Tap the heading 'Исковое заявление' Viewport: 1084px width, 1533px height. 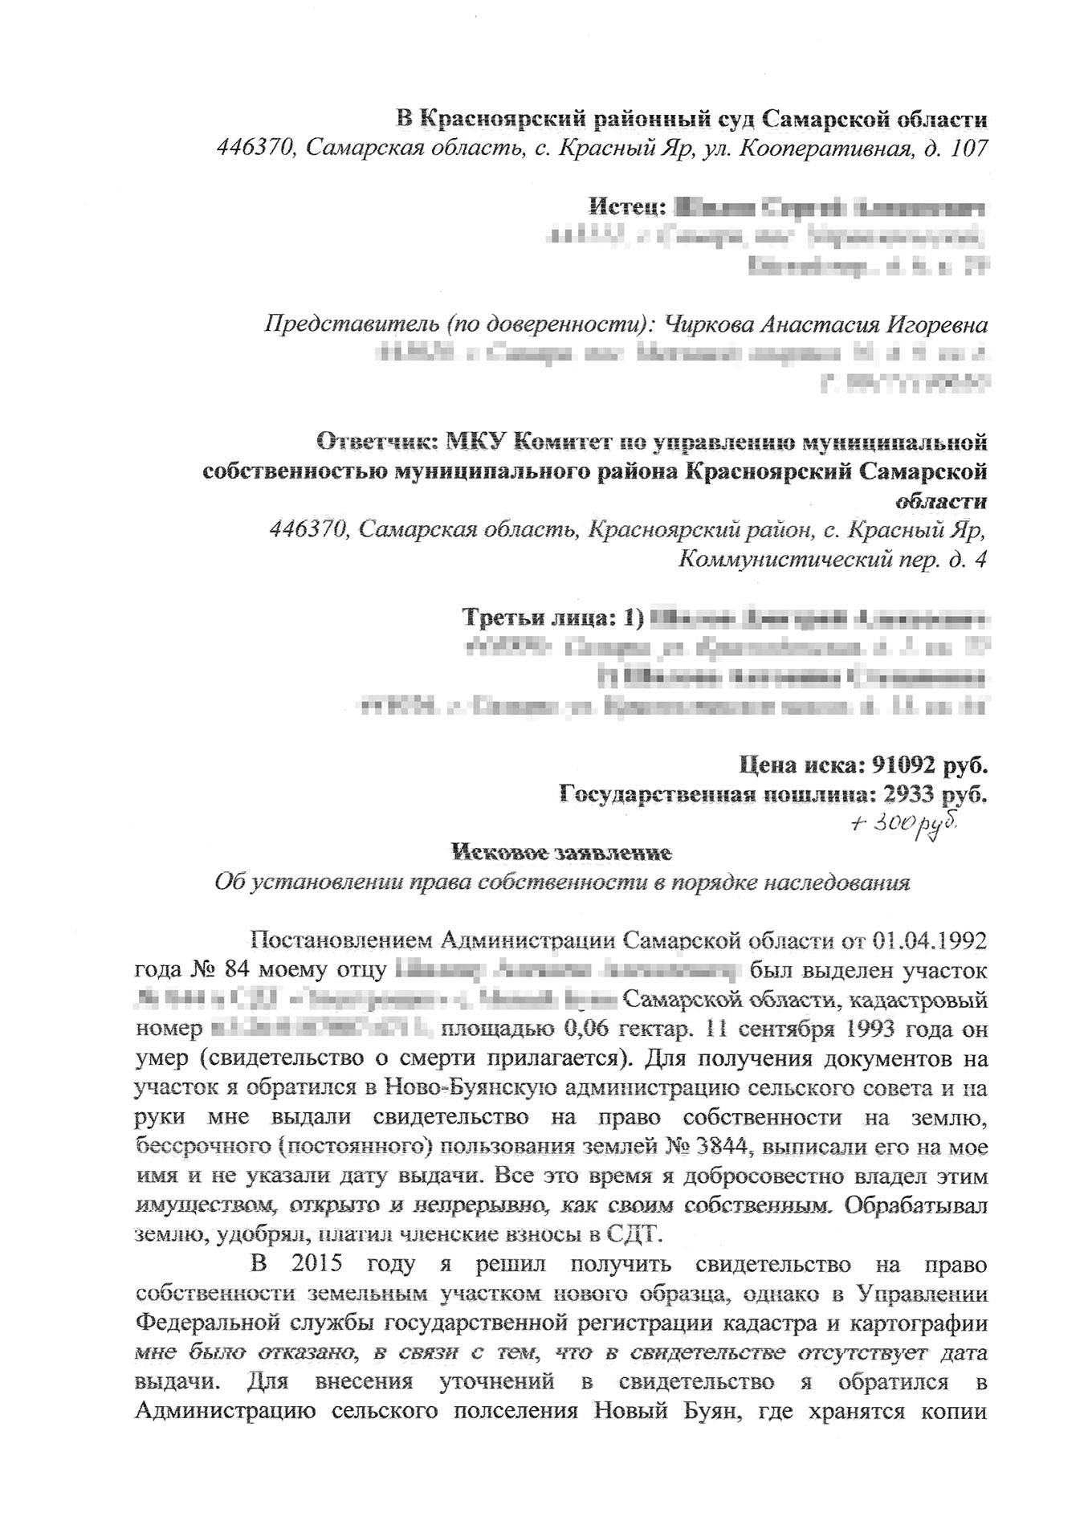[561, 850]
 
